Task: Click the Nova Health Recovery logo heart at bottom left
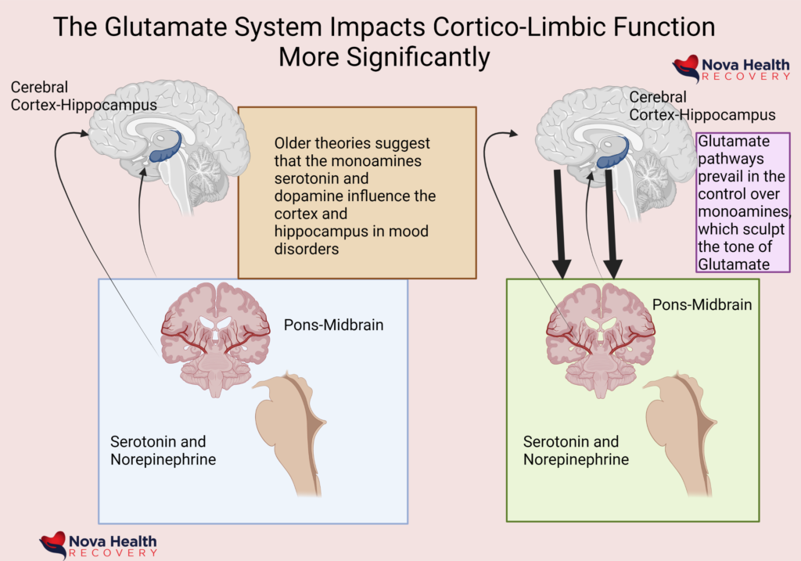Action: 52,543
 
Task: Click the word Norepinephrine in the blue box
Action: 163,459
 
